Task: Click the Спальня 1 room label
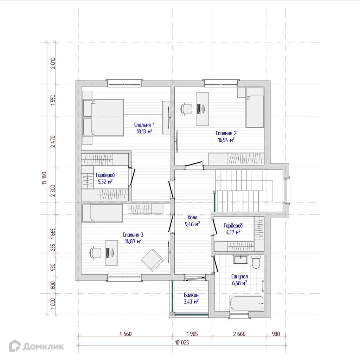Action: tap(144, 125)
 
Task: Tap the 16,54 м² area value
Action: tap(226, 140)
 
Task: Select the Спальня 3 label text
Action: tap(133, 234)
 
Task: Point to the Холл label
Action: tap(192, 217)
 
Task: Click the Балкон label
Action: tap(191, 295)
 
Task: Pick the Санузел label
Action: tap(239, 277)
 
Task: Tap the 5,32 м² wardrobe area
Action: tap(105, 182)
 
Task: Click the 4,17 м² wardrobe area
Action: tap(233, 232)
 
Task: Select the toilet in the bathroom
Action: tap(256, 261)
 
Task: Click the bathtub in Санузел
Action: tap(246, 303)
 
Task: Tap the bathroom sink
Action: tap(240, 259)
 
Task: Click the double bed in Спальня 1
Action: tap(103, 118)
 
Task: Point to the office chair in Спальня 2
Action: tap(186, 108)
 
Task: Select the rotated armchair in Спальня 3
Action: tap(153, 260)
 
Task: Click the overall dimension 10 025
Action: tap(182, 343)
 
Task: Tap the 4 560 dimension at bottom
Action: tap(126, 334)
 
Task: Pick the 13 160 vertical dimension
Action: tap(45, 178)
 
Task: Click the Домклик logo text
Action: tap(43, 346)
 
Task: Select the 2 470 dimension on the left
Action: tap(53, 141)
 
